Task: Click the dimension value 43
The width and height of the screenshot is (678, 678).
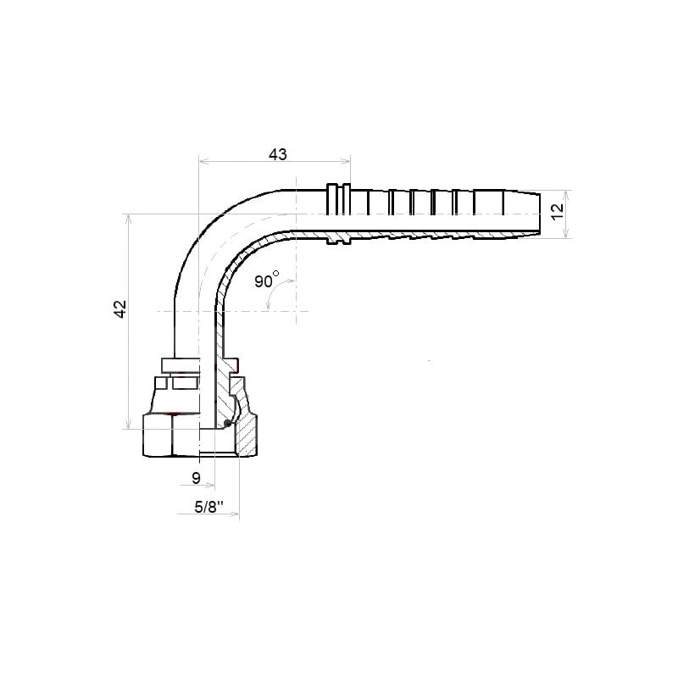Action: (x=278, y=154)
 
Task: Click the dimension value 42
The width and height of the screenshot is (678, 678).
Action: (x=119, y=308)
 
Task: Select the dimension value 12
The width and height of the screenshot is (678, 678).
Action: (x=558, y=211)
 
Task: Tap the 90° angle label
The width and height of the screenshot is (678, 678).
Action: (x=266, y=280)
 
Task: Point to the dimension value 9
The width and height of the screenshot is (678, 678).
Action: (x=197, y=478)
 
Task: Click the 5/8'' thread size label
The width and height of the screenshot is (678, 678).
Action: (x=208, y=506)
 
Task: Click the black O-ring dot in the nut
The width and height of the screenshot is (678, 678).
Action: (x=227, y=423)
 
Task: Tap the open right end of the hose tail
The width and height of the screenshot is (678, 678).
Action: (x=540, y=214)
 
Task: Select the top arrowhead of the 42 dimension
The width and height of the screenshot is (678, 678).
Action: (x=128, y=219)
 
